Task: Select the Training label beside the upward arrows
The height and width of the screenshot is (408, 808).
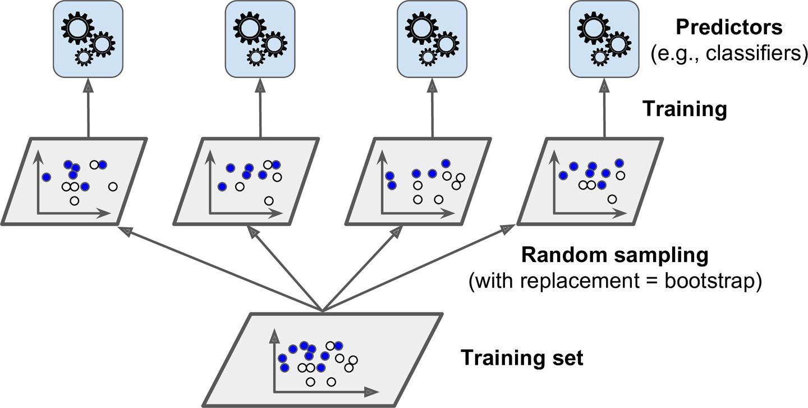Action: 684,109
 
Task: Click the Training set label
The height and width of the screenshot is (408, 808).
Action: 522,357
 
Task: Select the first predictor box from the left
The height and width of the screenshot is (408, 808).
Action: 88,38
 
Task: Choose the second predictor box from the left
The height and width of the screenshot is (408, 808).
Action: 260,38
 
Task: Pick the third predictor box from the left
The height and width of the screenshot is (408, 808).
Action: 433,38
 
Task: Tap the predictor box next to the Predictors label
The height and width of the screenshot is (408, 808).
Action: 605,38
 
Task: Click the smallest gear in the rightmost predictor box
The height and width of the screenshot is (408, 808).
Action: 600,57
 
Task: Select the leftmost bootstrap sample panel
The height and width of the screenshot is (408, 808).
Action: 75,181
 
